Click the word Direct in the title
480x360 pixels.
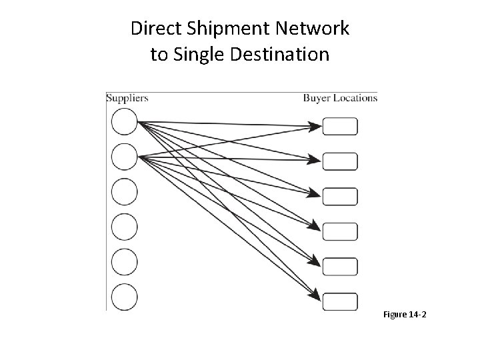[153, 29]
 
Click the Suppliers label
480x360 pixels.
[127, 98]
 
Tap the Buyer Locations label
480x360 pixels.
[340, 98]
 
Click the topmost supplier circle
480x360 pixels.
[124, 123]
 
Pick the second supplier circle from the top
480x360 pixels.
[124, 157]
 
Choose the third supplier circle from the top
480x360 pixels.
[124, 192]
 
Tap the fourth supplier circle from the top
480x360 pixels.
[124, 227]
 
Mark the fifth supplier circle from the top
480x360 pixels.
[124, 262]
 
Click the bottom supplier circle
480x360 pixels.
[124, 297]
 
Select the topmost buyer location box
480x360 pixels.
[340, 127]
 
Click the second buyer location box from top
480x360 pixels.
[340, 161]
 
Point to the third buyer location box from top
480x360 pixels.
[340, 197]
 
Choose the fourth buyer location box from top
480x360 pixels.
[340, 231]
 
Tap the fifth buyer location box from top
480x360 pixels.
[340, 266]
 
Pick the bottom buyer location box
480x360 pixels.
[340, 301]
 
